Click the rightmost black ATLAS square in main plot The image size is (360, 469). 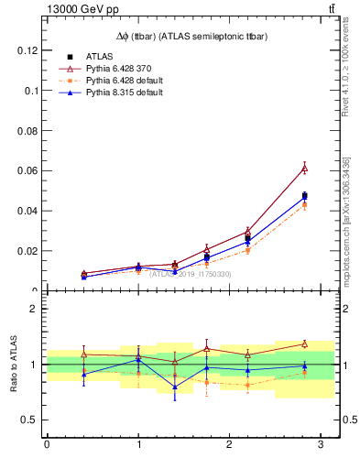click(305, 196)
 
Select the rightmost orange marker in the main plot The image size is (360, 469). click(305, 205)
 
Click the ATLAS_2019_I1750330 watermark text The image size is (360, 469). click(191, 273)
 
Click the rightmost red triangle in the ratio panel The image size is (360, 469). click(305, 344)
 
